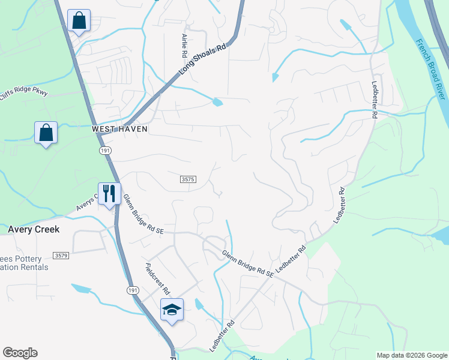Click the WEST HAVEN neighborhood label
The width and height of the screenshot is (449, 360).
119,129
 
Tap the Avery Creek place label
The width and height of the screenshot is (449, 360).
34,229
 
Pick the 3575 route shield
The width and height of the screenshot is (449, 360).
188,179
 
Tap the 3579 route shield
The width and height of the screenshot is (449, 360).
61,256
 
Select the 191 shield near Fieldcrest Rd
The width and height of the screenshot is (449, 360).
133,290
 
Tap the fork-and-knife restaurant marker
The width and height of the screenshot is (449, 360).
109,193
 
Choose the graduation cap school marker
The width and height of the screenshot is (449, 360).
172,309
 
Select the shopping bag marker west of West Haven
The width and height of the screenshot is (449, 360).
46,133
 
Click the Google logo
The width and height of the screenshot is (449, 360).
20,353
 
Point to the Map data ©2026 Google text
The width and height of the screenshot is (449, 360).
412,355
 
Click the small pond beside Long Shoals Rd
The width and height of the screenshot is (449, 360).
217,103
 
